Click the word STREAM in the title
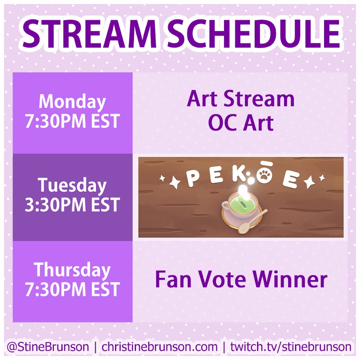point(90,33)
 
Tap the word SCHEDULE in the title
point(253,33)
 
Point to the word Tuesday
point(72,186)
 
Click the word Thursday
point(72,270)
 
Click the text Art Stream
point(241,99)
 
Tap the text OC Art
point(241,123)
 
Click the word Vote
point(222,279)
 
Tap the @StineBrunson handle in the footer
point(48,347)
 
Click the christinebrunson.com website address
point(159,347)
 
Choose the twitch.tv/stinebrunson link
point(291,347)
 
